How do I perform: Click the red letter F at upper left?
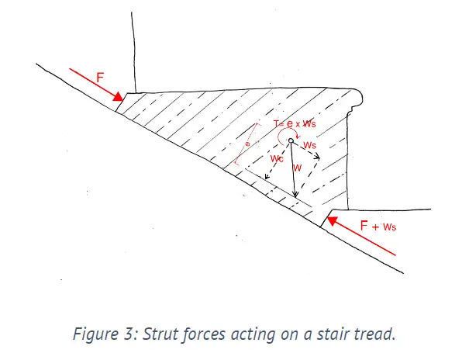[x=99, y=78]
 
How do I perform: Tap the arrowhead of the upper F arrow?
[x=119, y=98]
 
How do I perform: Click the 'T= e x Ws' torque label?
[x=295, y=124]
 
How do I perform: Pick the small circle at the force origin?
[x=291, y=140]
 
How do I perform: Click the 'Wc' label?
[x=277, y=159]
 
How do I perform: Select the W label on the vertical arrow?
[x=298, y=166]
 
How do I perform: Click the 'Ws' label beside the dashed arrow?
[x=310, y=144]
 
